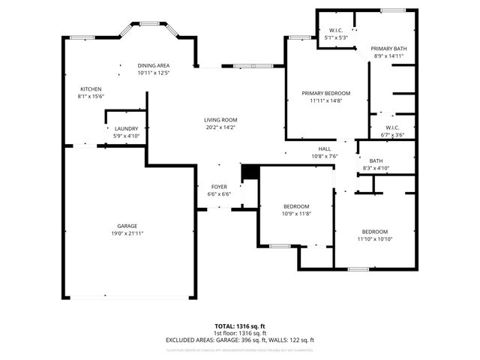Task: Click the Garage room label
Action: (127, 226)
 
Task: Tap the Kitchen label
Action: (90, 88)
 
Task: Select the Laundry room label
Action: (126, 129)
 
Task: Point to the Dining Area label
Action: (154, 65)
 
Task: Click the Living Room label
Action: (220, 120)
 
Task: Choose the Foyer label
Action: (219, 187)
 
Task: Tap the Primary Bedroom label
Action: (326, 93)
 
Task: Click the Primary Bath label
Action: (390, 49)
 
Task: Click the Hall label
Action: (325, 148)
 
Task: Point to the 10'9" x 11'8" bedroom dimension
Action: (296, 214)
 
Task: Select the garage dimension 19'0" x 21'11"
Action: (127, 234)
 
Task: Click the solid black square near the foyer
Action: (248, 172)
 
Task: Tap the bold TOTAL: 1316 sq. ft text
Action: (240, 326)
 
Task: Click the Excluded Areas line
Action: (240, 340)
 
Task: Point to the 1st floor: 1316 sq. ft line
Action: (240, 333)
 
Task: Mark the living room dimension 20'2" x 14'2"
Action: (220, 127)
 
